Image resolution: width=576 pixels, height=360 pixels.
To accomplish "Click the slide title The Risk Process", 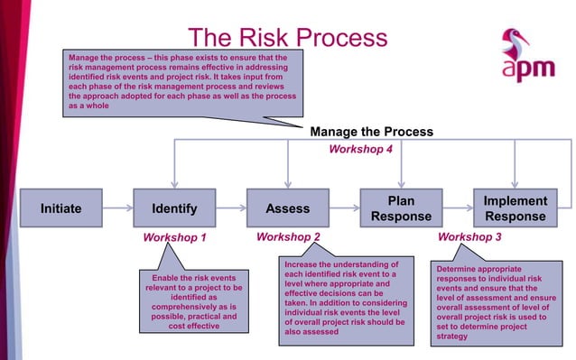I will click(287, 38).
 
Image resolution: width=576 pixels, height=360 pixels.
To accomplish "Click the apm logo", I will click(522, 56).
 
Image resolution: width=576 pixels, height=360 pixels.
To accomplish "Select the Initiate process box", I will click(60, 208).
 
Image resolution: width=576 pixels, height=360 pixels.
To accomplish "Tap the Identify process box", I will click(174, 208).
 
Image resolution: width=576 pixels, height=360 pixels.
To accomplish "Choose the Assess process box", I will click(287, 208).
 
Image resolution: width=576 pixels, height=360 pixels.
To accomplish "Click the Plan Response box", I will click(401, 208).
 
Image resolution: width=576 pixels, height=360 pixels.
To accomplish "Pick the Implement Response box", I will click(515, 208).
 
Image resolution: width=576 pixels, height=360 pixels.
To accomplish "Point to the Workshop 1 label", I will click(175, 238).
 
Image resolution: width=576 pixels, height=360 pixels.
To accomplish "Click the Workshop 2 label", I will click(288, 237).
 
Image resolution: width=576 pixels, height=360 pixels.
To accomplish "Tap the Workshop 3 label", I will click(469, 237).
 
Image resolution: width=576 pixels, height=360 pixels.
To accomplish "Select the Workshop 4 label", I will click(359, 149).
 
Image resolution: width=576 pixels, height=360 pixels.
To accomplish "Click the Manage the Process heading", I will click(371, 132).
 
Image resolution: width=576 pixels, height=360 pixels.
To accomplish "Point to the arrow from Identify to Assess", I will click(231, 208).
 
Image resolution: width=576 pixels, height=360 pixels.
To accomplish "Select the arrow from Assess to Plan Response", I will click(344, 208).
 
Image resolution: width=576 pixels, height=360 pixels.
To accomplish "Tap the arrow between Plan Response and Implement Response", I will click(458, 208).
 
